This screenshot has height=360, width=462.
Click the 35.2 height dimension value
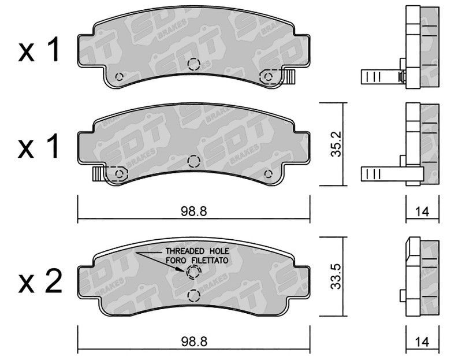336,144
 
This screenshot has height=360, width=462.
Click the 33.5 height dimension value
336,276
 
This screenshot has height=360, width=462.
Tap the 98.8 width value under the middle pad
194,211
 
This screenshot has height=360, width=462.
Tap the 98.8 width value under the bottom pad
194,342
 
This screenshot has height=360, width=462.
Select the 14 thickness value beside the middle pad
422,211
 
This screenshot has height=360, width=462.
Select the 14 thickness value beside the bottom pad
422,342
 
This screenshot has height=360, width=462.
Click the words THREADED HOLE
197,251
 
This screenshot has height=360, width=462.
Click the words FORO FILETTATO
197,261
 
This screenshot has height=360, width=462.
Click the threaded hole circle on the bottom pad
193,272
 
